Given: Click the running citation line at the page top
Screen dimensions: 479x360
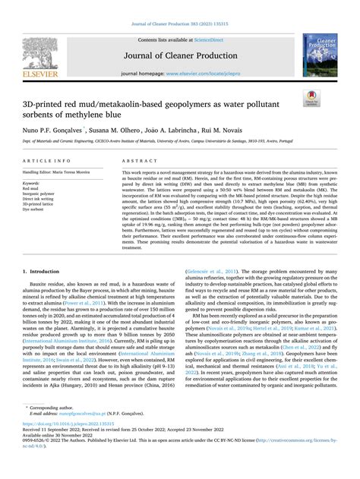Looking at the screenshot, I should click(x=179, y=7).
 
